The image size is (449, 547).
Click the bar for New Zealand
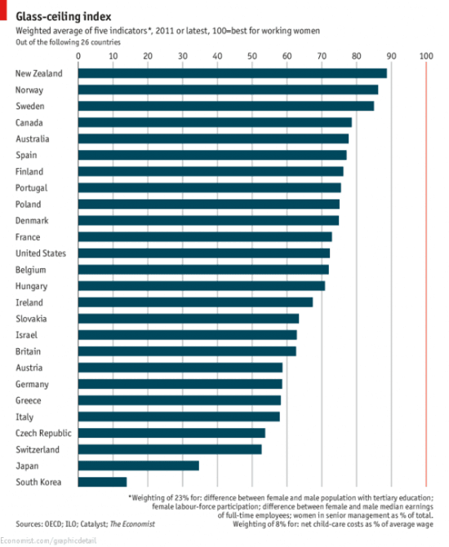(x=232, y=73)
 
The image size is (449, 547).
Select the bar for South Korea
(x=102, y=482)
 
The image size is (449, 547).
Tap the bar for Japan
(x=138, y=465)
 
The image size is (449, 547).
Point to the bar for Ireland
(x=195, y=302)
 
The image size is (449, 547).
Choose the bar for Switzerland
(x=170, y=449)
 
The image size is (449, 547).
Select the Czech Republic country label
(x=42, y=433)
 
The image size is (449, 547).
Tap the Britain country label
(x=30, y=351)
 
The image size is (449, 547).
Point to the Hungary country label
(x=33, y=286)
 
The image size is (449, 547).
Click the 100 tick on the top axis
(x=425, y=55)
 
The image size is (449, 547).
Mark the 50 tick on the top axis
(x=251, y=55)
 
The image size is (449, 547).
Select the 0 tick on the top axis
(x=78, y=55)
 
